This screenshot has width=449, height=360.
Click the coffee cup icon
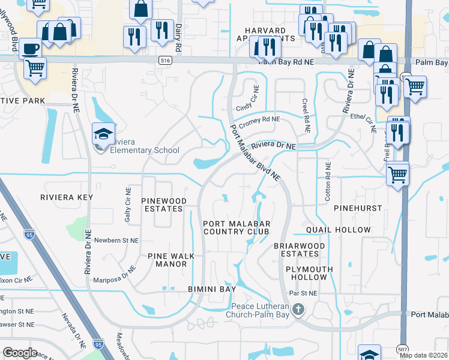30,47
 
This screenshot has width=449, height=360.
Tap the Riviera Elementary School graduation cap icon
103,134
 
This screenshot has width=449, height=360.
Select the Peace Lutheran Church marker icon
298,310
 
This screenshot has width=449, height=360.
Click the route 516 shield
166,61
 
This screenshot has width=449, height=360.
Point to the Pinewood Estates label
162,205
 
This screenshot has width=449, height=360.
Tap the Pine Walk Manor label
171,260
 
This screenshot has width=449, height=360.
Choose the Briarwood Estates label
299,250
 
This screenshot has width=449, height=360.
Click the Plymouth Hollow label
306,274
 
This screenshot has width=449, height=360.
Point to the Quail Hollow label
339,230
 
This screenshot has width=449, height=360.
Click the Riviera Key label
64,197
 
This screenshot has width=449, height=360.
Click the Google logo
20,352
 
